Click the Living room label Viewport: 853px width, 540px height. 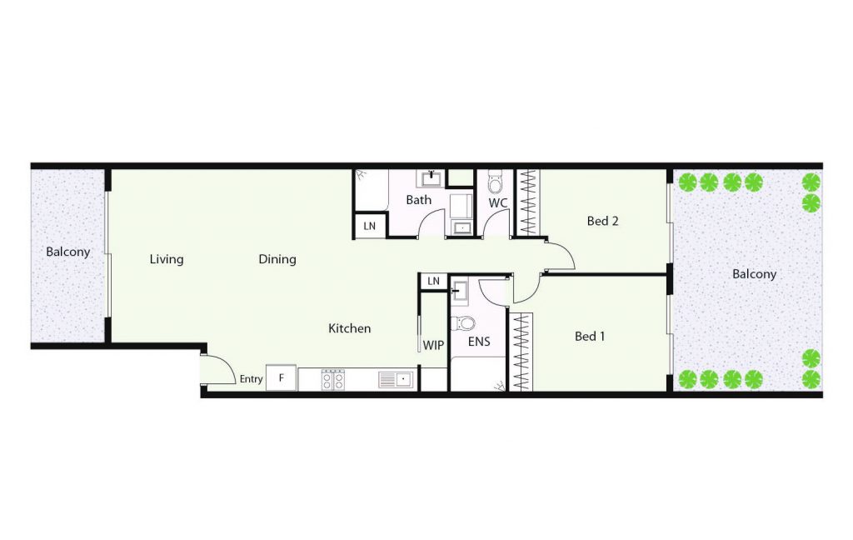(167, 260)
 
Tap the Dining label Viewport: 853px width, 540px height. (277, 260)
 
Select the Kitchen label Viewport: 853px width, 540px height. (350, 328)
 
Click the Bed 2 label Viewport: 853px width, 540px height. (603, 221)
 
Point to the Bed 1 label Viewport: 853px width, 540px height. (591, 337)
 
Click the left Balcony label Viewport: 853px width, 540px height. (68, 252)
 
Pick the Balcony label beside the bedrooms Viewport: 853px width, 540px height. (754, 274)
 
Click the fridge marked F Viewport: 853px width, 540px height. (282, 377)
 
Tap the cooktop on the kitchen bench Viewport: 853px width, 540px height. (333, 379)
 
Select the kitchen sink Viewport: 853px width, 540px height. (394, 379)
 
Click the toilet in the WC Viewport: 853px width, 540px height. (495, 182)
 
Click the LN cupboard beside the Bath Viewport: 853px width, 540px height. (369, 226)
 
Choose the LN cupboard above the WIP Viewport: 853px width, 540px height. (433, 281)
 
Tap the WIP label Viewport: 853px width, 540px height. (433, 345)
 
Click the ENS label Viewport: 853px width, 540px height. (479, 342)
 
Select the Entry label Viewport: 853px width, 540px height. (252, 379)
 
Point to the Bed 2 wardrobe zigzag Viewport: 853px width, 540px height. (527, 202)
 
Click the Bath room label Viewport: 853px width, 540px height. (419, 200)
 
